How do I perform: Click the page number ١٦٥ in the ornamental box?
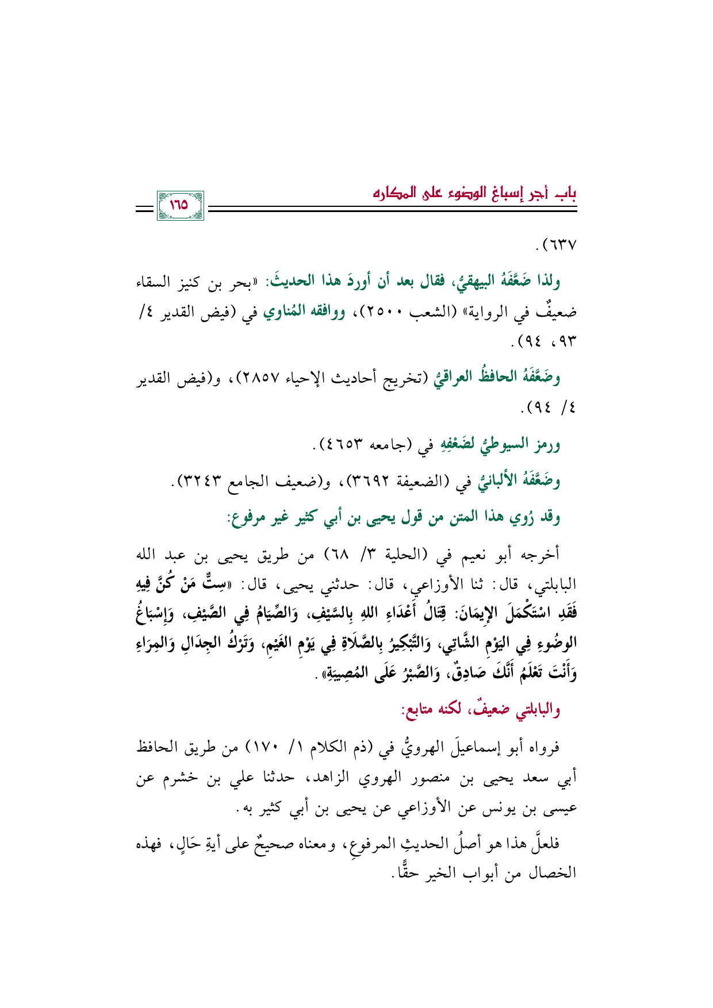tap(180, 205)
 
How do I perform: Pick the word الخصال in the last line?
tap(555, 874)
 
